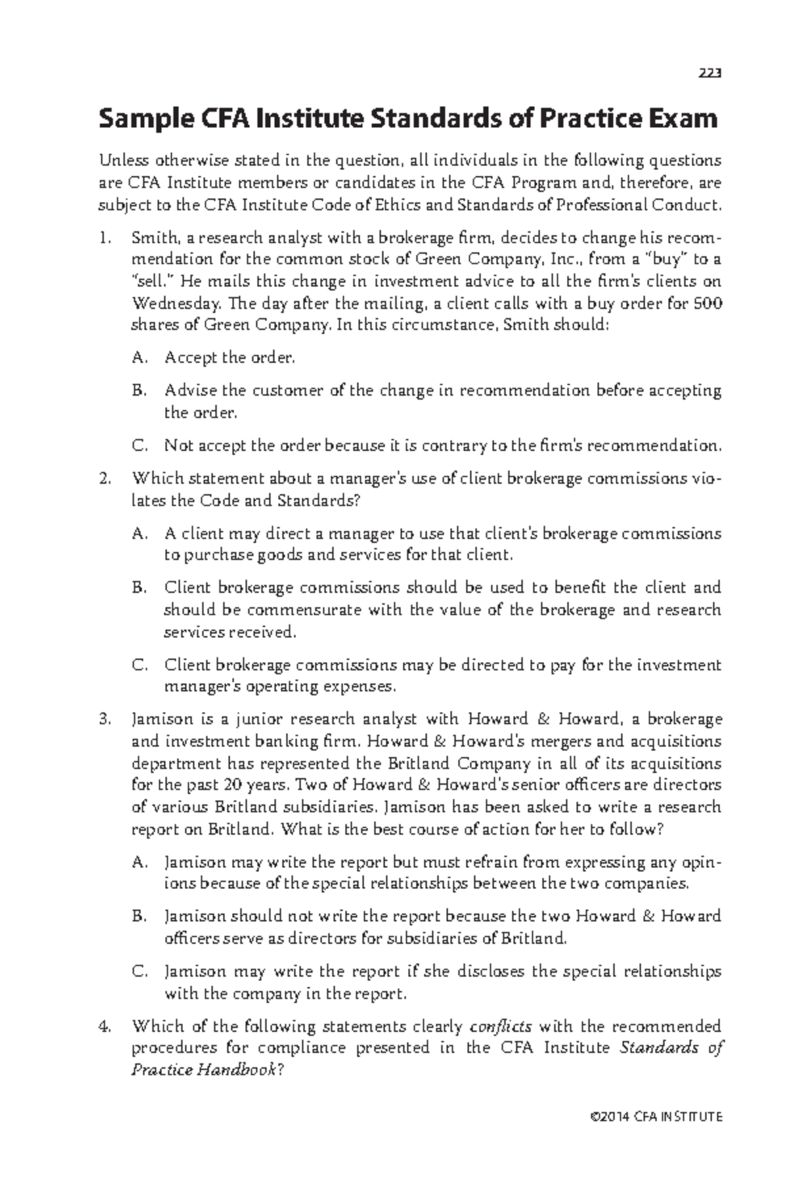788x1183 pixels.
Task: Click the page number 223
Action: tap(710, 74)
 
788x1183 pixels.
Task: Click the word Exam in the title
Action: tap(683, 118)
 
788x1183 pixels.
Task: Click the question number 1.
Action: tap(104, 237)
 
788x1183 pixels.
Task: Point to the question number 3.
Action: tap(104, 719)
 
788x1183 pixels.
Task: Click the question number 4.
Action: tap(104, 1026)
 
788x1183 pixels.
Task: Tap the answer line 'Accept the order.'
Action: tap(230, 358)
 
